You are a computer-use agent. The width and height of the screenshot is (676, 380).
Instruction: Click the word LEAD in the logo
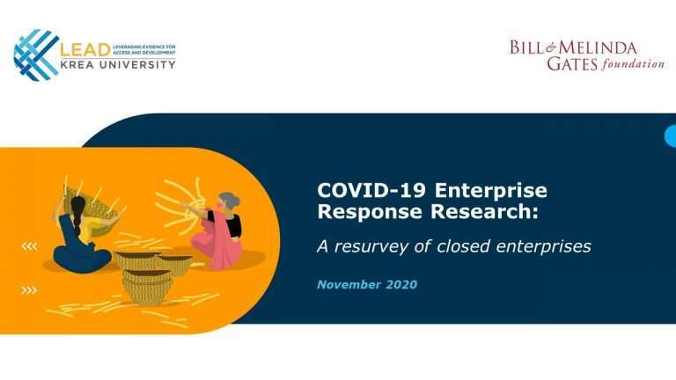point(85,50)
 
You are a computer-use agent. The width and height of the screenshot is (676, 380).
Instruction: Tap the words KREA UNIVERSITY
point(118,64)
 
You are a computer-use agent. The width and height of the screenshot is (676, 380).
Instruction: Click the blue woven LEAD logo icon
point(36,55)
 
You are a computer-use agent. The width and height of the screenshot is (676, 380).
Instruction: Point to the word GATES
point(572,63)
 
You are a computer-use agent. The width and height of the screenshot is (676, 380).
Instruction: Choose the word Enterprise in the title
point(490,191)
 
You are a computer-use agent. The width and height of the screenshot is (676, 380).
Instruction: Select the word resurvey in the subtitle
point(371,247)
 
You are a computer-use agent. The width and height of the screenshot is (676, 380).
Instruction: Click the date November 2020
point(367,284)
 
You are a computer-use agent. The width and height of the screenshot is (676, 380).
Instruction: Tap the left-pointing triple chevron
point(29,246)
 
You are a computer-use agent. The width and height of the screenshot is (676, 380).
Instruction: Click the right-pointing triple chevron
point(29,290)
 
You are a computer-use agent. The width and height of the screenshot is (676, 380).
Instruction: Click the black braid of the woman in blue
point(77,216)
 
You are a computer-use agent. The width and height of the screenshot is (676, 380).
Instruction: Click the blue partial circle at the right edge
point(671,136)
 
